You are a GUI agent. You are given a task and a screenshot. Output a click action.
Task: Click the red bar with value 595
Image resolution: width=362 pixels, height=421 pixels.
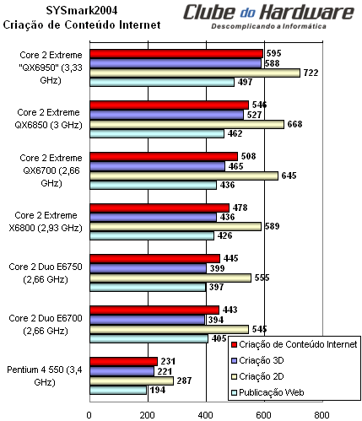point(176,53)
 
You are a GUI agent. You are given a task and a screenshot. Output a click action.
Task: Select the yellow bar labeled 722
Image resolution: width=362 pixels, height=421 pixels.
point(194,73)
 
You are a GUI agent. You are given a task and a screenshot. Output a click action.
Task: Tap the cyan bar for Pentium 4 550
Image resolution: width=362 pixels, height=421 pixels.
point(117,390)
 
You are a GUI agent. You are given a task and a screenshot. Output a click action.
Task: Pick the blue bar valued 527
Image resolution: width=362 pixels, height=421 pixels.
point(165,115)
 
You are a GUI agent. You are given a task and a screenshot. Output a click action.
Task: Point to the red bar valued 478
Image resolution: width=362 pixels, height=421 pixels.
point(159,208)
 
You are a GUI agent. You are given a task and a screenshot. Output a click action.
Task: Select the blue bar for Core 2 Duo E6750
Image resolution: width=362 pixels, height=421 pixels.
point(147,268)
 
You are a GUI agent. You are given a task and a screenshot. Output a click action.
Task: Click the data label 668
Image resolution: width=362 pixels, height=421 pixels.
point(293,125)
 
